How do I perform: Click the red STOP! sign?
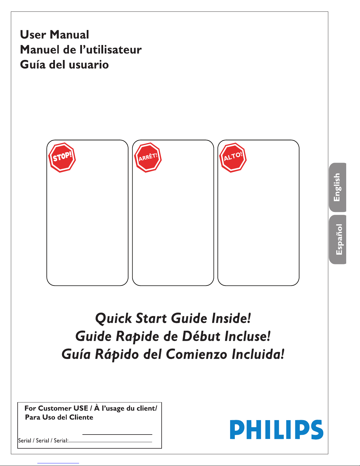(x=62, y=157)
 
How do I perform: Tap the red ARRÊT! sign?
(x=148, y=157)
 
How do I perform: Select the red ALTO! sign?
(x=233, y=157)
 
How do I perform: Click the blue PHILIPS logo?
(x=277, y=429)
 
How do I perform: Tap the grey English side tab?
(x=337, y=187)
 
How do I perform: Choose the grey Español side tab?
(x=337, y=239)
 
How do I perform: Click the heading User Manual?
(x=54, y=34)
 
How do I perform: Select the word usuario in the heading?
(x=89, y=65)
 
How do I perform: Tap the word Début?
(x=201, y=336)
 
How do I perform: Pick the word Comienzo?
(x=196, y=354)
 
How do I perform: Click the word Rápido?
(x=117, y=355)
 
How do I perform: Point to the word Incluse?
(x=247, y=336)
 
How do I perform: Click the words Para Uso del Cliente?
(x=59, y=417)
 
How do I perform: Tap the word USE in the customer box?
(x=81, y=408)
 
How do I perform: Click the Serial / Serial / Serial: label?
(x=43, y=440)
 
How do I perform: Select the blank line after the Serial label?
(x=110, y=442)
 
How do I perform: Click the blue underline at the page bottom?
(x=58, y=463)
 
